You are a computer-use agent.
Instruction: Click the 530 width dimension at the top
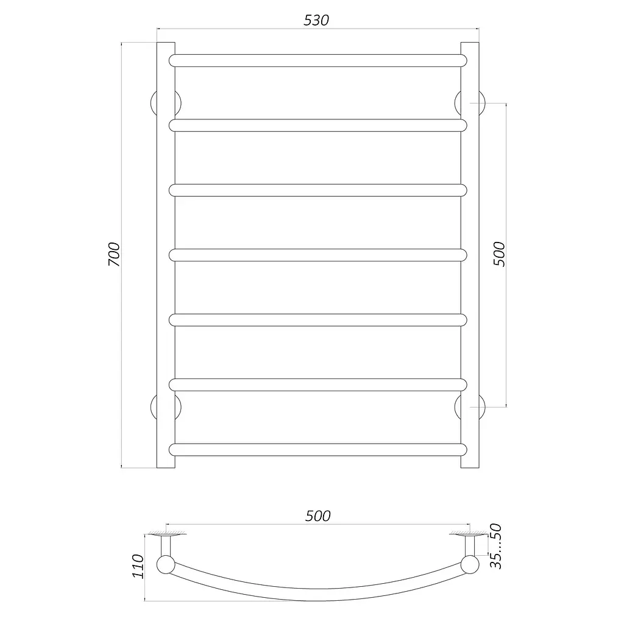coord(316,20)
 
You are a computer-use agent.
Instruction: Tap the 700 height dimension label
coord(114,254)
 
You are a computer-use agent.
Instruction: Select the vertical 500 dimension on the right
coord(499,254)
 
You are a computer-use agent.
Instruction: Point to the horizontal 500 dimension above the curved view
coord(318,516)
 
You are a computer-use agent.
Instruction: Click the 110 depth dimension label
coord(138,566)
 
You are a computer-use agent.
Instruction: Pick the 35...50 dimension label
coord(496,547)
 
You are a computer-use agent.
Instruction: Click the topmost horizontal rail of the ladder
coord(318,60)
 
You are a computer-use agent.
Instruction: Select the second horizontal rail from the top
coord(318,126)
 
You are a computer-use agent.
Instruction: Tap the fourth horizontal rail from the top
coord(318,255)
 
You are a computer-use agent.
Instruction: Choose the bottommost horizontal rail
coord(318,450)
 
